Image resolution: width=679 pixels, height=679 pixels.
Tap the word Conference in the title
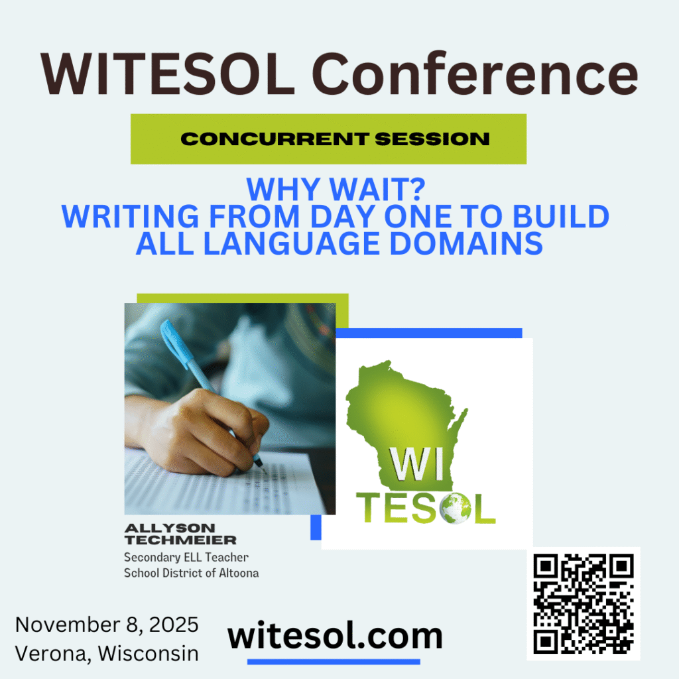pyautogui.click(x=475, y=73)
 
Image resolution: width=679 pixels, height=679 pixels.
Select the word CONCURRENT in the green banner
pyautogui.click(x=275, y=139)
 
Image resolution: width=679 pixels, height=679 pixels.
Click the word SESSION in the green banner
pyautogui.click(x=432, y=139)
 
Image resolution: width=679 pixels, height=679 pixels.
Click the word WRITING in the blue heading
pyautogui.click(x=131, y=216)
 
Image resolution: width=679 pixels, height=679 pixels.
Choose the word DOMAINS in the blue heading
pyautogui.click(x=466, y=243)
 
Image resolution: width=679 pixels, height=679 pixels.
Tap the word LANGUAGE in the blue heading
pyautogui.click(x=292, y=243)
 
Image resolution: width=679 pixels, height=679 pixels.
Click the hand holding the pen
pyautogui.click(x=204, y=433)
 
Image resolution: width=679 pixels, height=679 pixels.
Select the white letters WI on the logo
pyautogui.click(x=417, y=464)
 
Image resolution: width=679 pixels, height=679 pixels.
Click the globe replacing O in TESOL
pyautogui.click(x=455, y=508)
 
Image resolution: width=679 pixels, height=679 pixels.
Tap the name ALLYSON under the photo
pyautogui.click(x=170, y=528)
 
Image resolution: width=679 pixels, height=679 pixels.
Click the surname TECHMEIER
pyautogui.click(x=180, y=540)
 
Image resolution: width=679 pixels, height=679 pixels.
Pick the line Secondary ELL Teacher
pyautogui.click(x=186, y=557)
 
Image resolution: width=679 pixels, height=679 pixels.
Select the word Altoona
pyautogui.click(x=239, y=573)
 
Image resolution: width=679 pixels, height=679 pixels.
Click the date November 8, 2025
pyautogui.click(x=107, y=625)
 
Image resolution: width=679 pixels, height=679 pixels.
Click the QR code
pyautogui.click(x=584, y=603)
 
